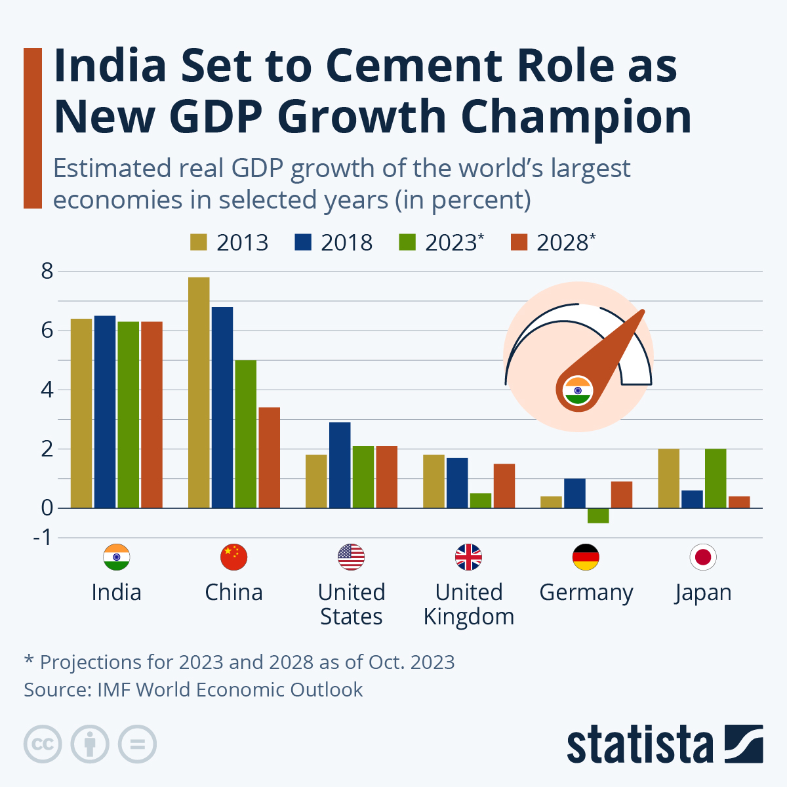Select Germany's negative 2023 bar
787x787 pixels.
tap(598, 515)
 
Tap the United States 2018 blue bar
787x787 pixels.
tap(340, 465)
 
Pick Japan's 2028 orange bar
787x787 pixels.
tap(739, 502)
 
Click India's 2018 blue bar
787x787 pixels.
tap(105, 412)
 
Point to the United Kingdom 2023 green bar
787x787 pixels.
tap(481, 500)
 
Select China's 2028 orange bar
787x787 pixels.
tap(270, 458)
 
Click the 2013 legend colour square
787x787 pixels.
tap(199, 242)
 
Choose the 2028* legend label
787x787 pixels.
tap(565, 243)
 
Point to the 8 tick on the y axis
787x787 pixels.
tap(47, 271)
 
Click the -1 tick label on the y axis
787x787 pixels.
tap(43, 538)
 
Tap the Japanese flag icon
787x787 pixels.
tap(703, 557)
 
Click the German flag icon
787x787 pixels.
tap(586, 557)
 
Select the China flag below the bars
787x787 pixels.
tap(233, 557)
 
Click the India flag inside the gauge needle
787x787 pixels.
tap(578, 391)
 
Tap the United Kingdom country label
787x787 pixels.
tap(469, 605)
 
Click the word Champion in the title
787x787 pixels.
tap(575, 117)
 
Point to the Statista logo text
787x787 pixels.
tap(640, 745)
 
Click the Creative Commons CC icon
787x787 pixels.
tap(43, 744)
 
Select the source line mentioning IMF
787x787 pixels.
tap(193, 690)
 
